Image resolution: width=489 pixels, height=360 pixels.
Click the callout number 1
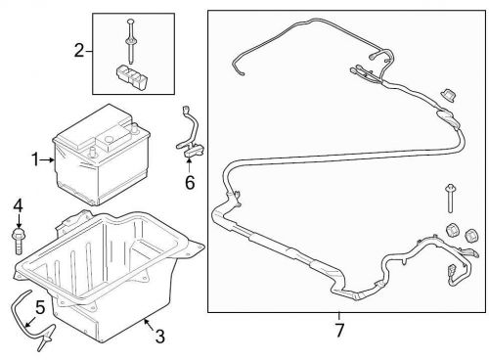pos(35,158)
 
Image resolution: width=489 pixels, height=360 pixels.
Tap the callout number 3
pos(159,337)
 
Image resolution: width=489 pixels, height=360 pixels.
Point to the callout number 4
pos(18,205)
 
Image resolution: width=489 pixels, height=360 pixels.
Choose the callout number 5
pos(40,309)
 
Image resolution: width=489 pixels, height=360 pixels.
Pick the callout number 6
pos(190,180)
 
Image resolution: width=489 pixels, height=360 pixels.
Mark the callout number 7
pos(339,330)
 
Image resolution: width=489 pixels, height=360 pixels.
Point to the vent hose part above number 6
pos(188,137)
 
